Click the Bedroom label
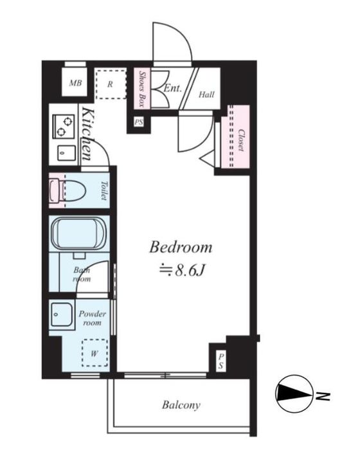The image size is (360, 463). pyautogui.click(x=181, y=247)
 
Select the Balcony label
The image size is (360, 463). pyautogui.click(x=181, y=404)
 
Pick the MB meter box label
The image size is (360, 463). pyautogui.click(x=75, y=83)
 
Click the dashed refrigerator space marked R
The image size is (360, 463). pyautogui.click(x=111, y=84)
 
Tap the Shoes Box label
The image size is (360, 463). pyautogui.click(x=142, y=88)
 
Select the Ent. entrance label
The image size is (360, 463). pyautogui.click(x=172, y=88)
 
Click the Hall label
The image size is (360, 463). pyautogui.click(x=206, y=95)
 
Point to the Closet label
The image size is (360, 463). pyautogui.click(x=241, y=140)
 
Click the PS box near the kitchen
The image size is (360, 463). pyautogui.click(x=139, y=122)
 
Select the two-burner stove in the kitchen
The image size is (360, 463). pyautogui.click(x=64, y=127)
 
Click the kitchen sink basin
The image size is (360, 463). pyautogui.click(x=66, y=153)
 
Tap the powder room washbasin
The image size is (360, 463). pyautogui.click(x=62, y=314)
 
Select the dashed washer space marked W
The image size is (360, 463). pyautogui.click(x=94, y=353)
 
